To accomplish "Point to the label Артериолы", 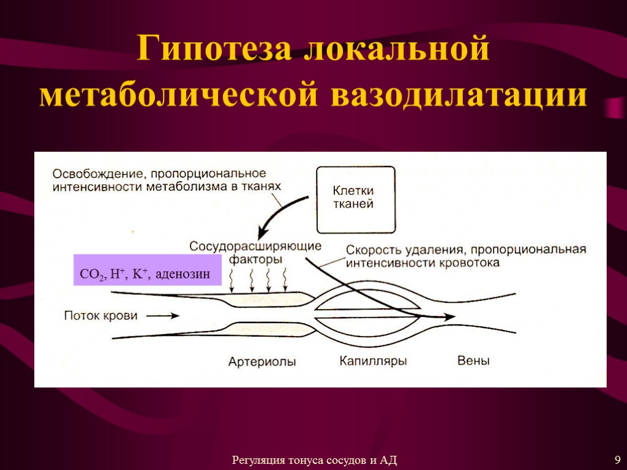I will (x=261, y=362).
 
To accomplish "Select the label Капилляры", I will (x=373, y=361).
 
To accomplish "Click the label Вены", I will (x=473, y=361).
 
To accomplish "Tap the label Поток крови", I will (x=101, y=316).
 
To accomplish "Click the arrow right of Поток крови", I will (x=163, y=316).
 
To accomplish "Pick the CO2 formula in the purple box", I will (x=92, y=276).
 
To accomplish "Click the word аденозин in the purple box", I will (x=183, y=275).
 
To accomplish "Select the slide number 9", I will (x=617, y=460).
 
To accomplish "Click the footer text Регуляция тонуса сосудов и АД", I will (x=315, y=460).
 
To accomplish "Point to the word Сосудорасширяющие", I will (x=255, y=246).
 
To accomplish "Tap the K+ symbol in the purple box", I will (x=141, y=275).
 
